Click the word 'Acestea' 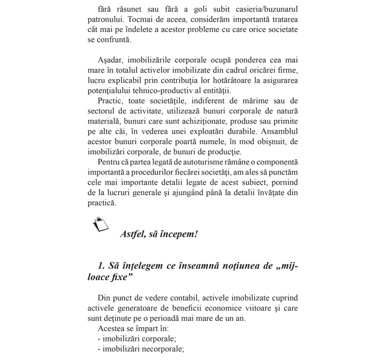(112, 329)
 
